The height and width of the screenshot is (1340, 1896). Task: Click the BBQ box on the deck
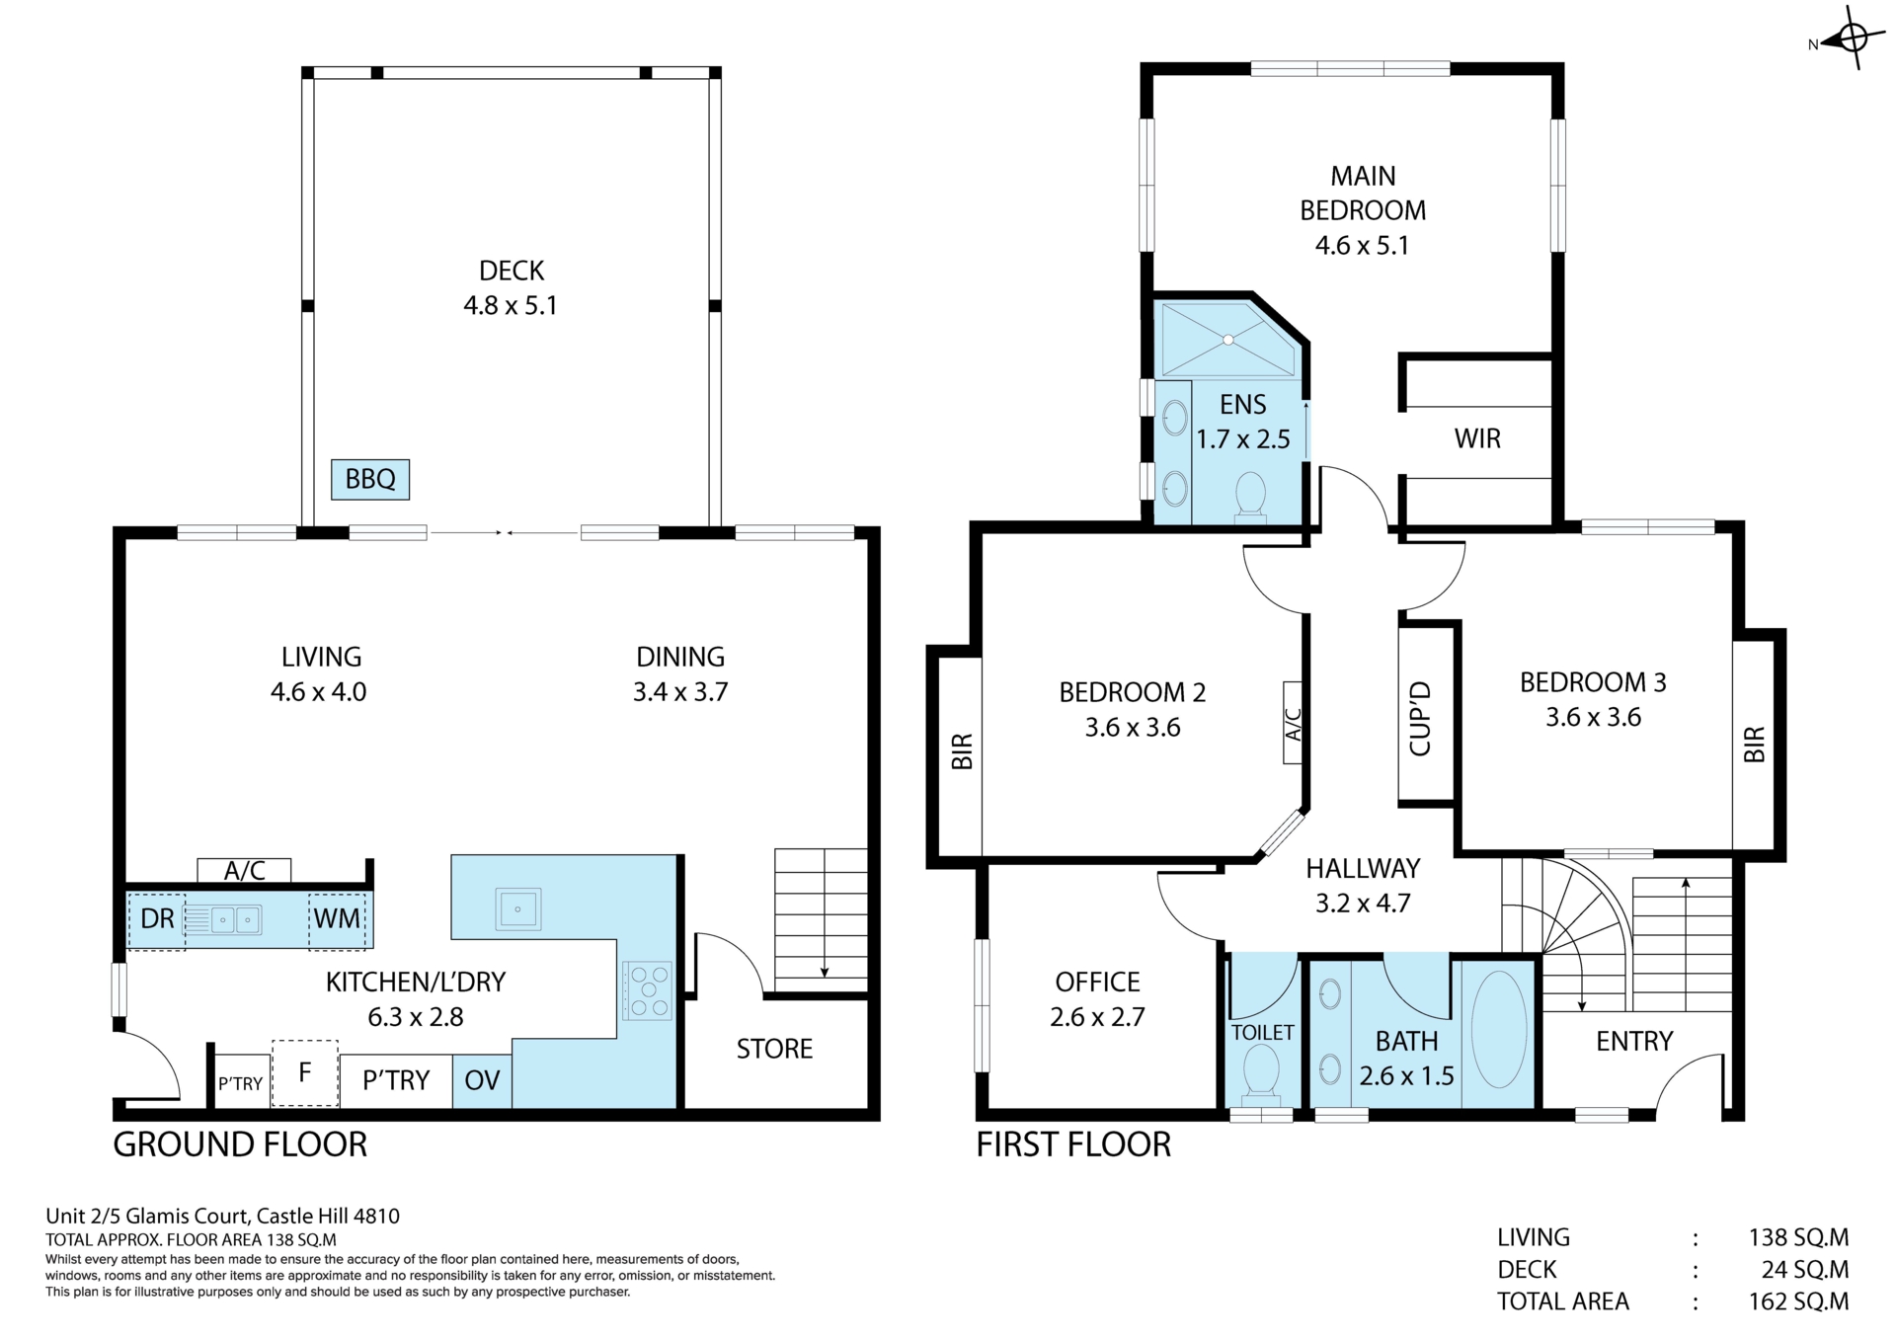click(370, 479)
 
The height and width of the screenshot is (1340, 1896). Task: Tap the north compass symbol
click(1845, 39)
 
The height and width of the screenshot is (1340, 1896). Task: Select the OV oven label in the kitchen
click(482, 1080)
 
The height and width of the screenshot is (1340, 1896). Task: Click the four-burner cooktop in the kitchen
click(647, 990)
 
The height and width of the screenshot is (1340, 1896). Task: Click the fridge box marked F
click(305, 1073)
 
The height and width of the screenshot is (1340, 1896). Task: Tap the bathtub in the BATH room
click(1499, 1030)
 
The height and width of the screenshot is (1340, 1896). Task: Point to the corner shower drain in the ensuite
click(1228, 340)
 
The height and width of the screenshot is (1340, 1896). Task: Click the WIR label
click(1477, 438)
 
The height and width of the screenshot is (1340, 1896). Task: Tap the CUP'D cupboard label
click(1421, 718)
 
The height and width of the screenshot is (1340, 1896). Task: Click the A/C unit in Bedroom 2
click(1293, 723)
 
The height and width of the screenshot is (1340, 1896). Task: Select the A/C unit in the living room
click(244, 871)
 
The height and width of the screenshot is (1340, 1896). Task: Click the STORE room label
click(774, 1049)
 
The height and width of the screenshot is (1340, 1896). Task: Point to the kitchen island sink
click(517, 908)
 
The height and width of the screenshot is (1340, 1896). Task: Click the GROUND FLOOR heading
click(240, 1144)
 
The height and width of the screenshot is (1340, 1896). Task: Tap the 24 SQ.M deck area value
click(1805, 1270)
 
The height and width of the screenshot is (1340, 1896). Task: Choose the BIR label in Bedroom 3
click(1755, 745)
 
